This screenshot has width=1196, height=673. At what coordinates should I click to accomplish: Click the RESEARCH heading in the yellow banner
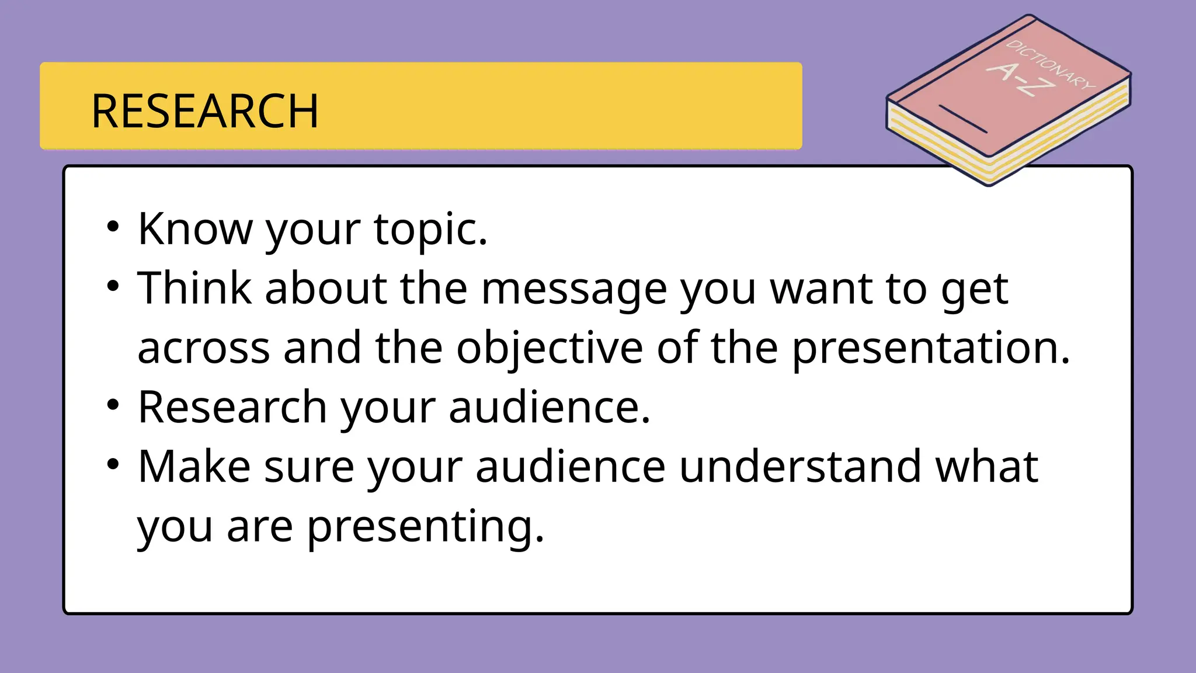coord(205,111)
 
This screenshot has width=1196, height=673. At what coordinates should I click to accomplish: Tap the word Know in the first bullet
coord(194,228)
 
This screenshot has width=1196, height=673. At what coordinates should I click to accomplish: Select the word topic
coord(430,230)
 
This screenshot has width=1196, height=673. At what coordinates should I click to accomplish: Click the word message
coord(573,290)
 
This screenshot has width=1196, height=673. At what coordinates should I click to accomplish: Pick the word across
coord(203,349)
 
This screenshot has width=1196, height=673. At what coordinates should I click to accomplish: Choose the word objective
coord(549,349)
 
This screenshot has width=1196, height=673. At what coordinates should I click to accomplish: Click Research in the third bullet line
coord(232,407)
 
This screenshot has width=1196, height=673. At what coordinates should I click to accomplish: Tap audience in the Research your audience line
coord(549,407)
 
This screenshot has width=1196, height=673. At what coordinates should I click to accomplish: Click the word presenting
coord(425,527)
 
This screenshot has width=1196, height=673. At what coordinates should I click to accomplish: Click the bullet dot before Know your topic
coord(113,227)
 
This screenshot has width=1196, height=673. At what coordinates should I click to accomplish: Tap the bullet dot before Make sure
coord(113,465)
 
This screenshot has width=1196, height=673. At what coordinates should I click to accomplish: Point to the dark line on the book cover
coord(962,119)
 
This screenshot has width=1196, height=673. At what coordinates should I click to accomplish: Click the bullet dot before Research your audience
coord(113,405)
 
